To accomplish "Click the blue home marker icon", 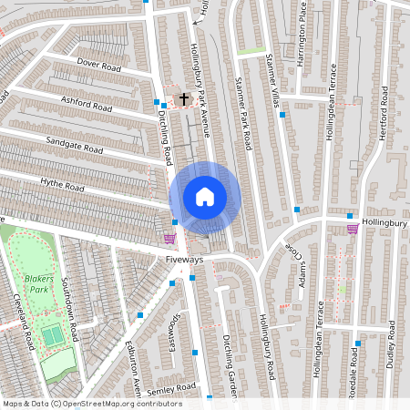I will [x=205, y=196].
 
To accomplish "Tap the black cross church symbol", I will [x=183, y=97].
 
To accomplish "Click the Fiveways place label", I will [x=185, y=259].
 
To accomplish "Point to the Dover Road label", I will [x=99, y=66].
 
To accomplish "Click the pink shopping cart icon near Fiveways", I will [x=169, y=239].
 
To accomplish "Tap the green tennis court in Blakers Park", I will [x=53, y=335].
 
